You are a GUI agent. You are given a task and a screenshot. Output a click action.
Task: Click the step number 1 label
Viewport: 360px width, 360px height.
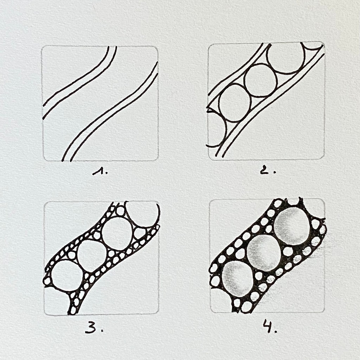pos(100,172)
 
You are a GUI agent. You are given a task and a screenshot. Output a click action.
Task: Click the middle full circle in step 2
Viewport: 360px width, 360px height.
pos(261,81)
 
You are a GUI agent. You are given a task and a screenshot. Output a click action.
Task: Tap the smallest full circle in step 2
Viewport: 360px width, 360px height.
pos(234,103)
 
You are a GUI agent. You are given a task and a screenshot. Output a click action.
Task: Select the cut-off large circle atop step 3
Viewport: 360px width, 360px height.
pos(142,214)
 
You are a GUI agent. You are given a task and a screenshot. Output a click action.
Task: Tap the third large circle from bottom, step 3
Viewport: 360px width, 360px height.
pos(117,233)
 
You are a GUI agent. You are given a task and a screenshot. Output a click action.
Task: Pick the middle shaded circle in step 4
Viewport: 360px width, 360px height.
pos(264,252)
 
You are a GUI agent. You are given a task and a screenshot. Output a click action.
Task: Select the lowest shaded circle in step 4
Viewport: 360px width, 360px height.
pos(237,278)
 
